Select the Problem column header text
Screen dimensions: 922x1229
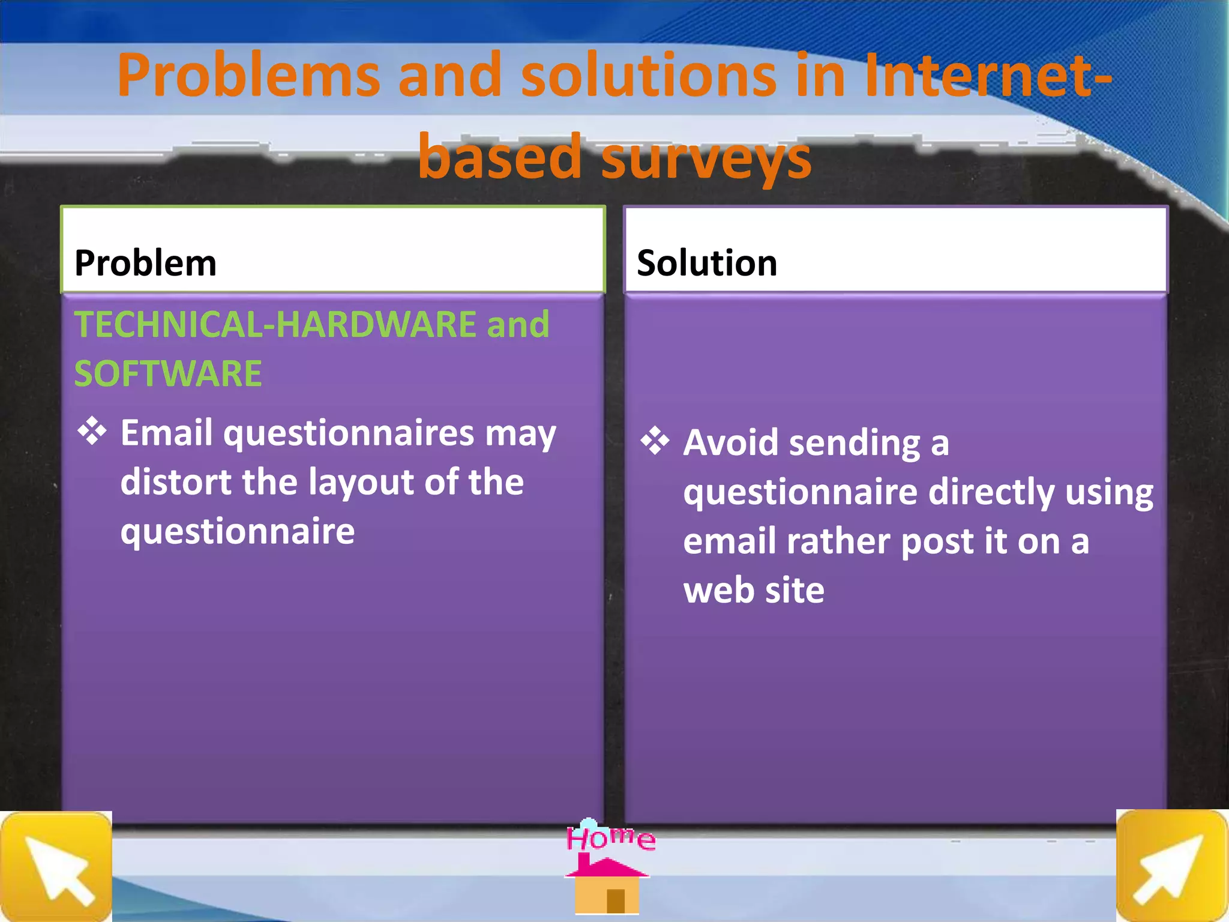145,263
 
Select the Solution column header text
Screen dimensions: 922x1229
706,263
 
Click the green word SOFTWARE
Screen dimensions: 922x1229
168,373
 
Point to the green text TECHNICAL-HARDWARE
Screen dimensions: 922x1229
275,324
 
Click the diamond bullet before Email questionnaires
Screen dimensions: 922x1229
92,431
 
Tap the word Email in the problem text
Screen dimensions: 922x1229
166,432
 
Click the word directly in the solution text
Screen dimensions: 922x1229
991,492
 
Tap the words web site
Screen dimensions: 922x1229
753,590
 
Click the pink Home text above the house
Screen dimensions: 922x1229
610,837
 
